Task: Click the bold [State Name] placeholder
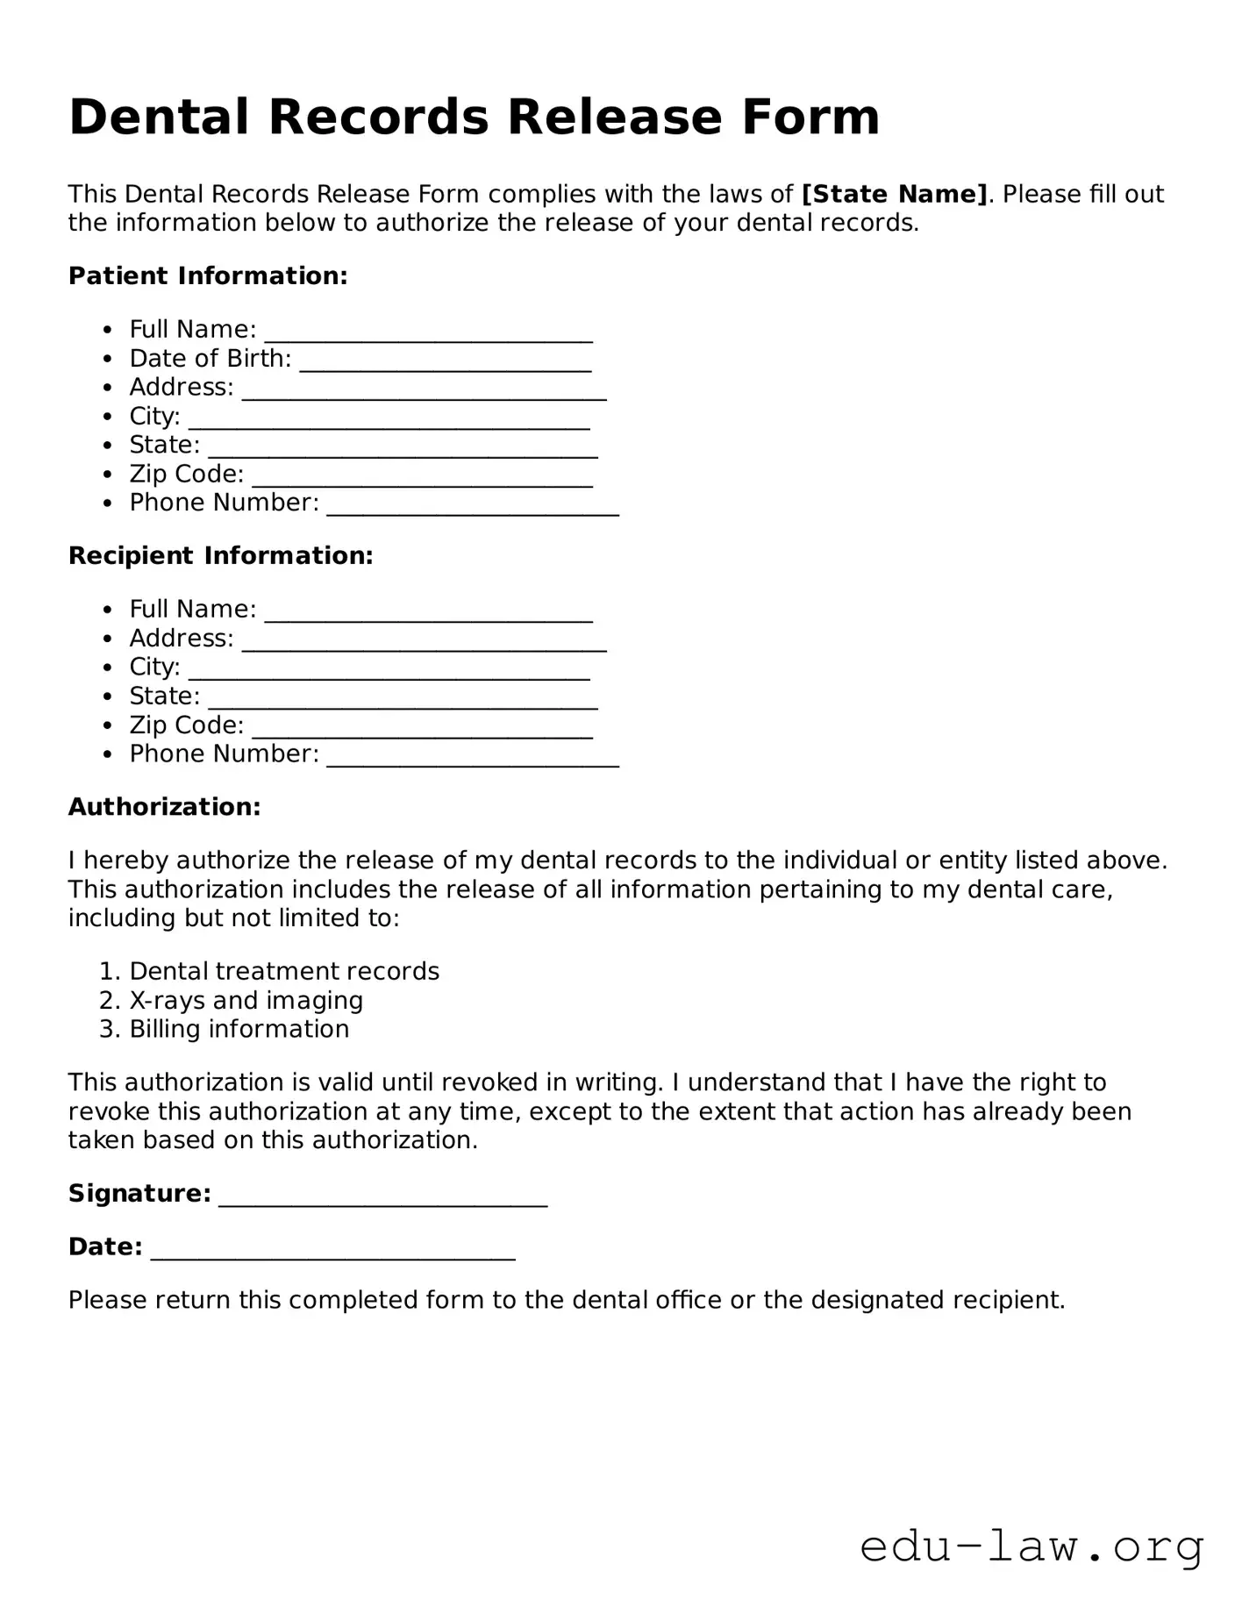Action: coord(895,194)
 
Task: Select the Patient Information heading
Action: coord(208,276)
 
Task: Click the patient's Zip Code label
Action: coord(186,475)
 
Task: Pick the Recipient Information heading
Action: coord(220,556)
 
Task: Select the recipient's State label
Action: coord(164,696)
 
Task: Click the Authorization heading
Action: coord(164,807)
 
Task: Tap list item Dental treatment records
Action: coord(284,972)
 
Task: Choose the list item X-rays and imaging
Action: coord(246,1001)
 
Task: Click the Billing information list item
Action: coord(239,1030)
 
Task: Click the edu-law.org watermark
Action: coord(1031,1547)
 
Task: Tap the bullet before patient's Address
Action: coord(108,389)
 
